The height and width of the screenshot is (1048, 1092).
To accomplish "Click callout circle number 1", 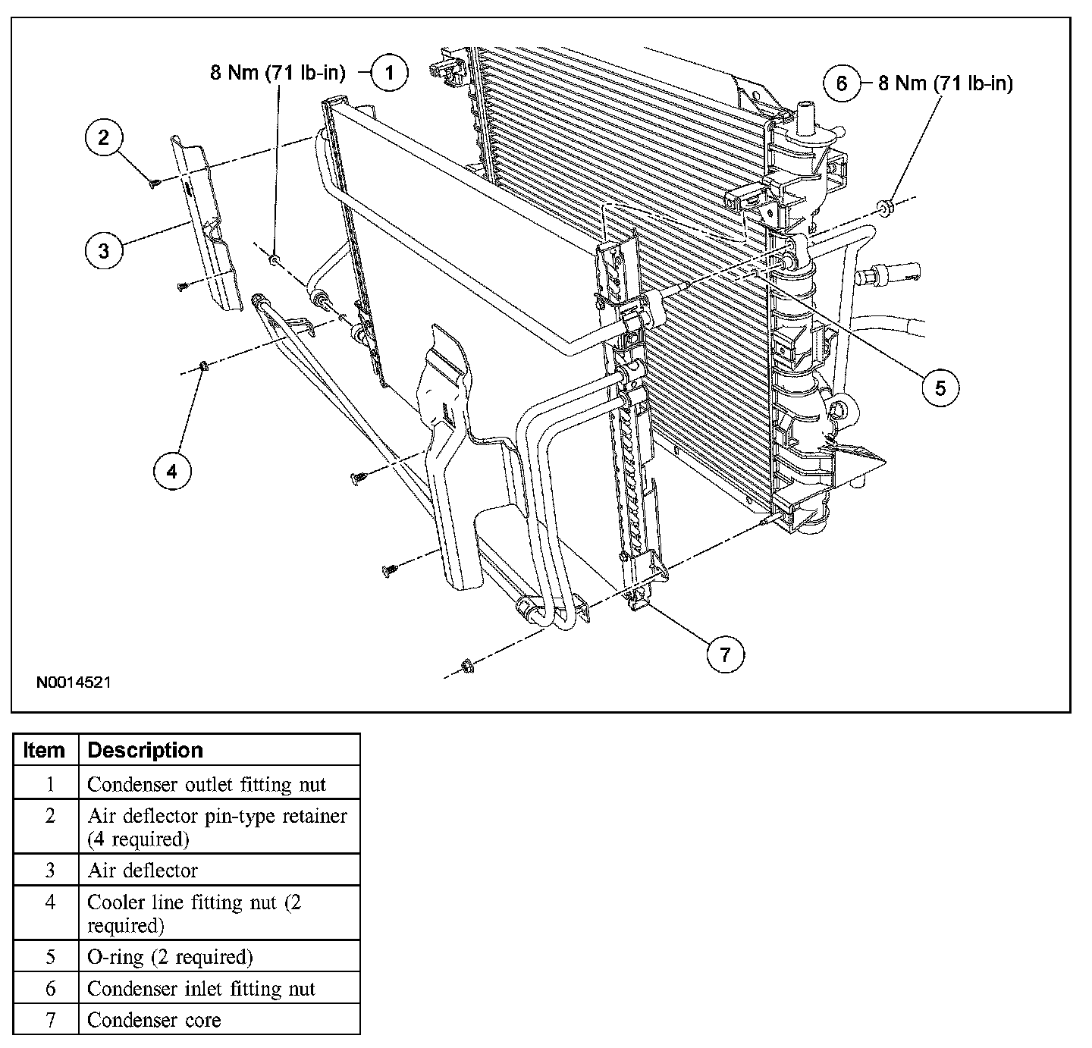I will click(389, 74).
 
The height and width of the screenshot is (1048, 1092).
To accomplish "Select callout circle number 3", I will click(104, 250).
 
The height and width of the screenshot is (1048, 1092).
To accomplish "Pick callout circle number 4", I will click(172, 472).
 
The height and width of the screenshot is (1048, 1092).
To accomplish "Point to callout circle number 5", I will click(940, 388).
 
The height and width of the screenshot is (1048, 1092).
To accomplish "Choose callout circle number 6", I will click(842, 83).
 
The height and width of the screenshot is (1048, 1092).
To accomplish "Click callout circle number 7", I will click(725, 654).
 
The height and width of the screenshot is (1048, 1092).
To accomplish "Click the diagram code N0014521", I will click(74, 682).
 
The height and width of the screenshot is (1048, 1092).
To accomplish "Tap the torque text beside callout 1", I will click(278, 74).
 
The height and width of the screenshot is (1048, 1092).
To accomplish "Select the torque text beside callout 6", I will click(946, 83).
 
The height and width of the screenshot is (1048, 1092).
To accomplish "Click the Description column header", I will click(146, 750).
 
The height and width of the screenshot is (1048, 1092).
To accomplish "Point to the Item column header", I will click(45, 750).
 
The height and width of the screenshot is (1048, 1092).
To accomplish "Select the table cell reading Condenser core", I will click(154, 1020).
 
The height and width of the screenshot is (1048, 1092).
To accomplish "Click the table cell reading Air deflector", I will click(143, 871).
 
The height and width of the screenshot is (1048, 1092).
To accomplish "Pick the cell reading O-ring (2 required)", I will click(170, 957).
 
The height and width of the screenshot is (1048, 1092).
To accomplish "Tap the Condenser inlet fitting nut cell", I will click(201, 989).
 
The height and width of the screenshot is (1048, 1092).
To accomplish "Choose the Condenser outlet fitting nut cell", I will click(206, 784).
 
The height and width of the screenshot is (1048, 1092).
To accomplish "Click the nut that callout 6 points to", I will click(886, 206).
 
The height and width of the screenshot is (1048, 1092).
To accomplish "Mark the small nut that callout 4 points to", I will click(203, 367).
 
